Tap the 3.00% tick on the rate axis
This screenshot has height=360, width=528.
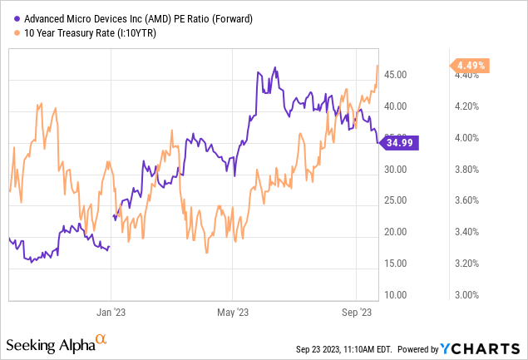pyautogui.click(x=471, y=294)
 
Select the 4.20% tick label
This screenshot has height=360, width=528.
pyautogui.click(x=471, y=106)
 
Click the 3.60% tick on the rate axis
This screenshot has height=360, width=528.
pyautogui.click(x=471, y=200)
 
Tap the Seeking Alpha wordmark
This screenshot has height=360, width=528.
pyautogui.click(x=49, y=343)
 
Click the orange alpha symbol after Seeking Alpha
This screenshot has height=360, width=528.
pyautogui.click(x=101, y=340)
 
